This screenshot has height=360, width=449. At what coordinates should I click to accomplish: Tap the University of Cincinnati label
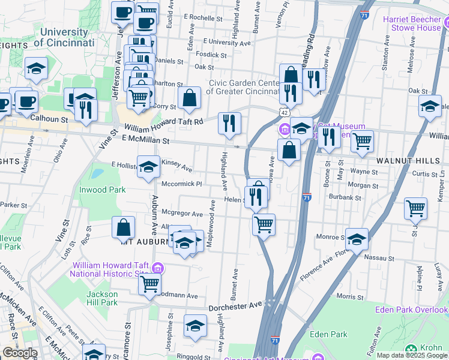click(64, 37)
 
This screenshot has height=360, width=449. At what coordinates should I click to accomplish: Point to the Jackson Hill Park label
click(101, 298)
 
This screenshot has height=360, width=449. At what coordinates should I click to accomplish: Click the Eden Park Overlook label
click(411, 310)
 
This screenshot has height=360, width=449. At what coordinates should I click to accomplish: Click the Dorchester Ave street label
click(235, 307)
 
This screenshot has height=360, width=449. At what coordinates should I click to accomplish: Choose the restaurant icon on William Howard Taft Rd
click(229, 123)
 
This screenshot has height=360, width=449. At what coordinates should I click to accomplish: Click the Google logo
click(20, 353)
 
